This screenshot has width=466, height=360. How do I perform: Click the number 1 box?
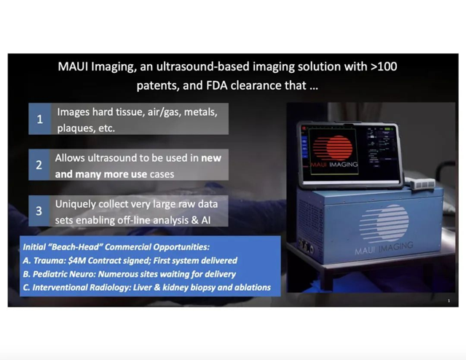(40, 119)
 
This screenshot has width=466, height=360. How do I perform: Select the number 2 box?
(39, 165)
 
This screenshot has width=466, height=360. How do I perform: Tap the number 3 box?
(39, 211)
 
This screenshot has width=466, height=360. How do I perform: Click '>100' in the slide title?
(384, 66)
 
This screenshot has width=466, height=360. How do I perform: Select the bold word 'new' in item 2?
(211, 158)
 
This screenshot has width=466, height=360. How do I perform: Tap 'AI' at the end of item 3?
(205, 221)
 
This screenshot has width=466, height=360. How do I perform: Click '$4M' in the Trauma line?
(76, 261)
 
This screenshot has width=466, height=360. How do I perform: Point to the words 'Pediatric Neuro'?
(63, 274)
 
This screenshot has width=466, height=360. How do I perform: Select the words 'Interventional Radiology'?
(81, 287)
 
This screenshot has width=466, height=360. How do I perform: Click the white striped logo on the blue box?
(384, 223)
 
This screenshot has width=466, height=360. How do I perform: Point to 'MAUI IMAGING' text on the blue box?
(384, 248)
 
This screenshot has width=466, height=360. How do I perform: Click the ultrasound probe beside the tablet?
(419, 183)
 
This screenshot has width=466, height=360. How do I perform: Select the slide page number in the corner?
(449, 301)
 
